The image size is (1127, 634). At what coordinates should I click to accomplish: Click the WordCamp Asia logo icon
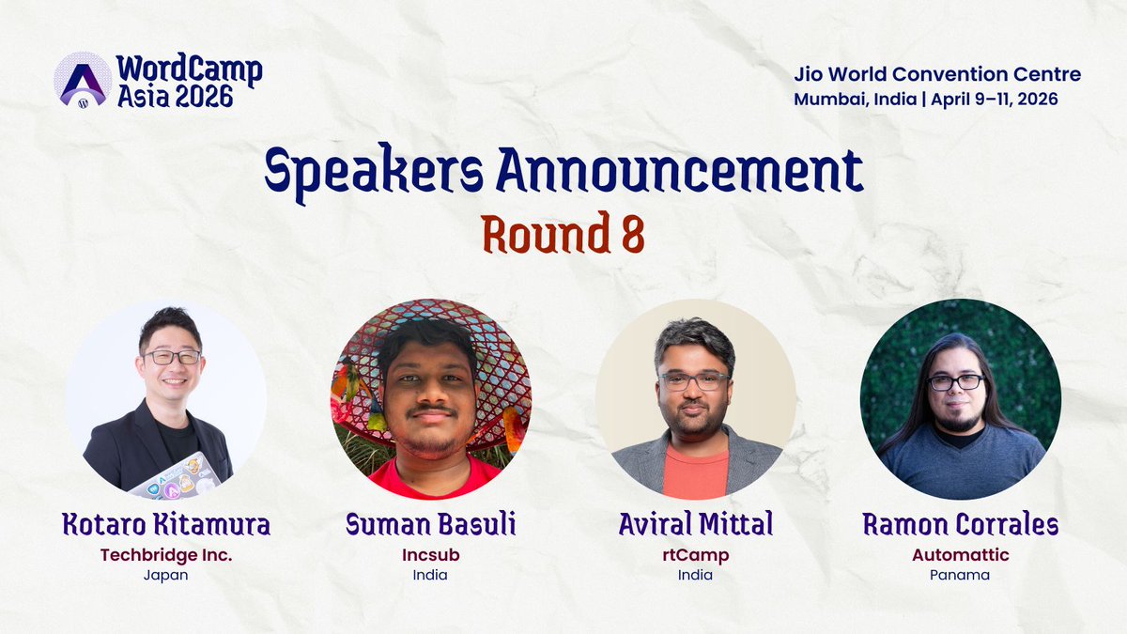point(83,79)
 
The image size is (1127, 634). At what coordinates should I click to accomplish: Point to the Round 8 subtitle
point(563,236)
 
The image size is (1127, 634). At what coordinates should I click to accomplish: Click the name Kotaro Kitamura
point(166,524)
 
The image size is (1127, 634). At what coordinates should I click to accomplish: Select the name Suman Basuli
point(430,524)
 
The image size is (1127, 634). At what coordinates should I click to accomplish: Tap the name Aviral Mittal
point(695,524)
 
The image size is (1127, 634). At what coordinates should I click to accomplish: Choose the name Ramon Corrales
point(961,524)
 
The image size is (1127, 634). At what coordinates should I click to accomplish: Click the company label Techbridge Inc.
point(166,554)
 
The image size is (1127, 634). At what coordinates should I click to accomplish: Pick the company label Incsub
point(430,554)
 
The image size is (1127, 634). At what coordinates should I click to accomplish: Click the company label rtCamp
point(695,554)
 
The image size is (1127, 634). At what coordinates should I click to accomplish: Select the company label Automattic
point(961,554)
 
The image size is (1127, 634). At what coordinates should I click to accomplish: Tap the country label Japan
point(166,575)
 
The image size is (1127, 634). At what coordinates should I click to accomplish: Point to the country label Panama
point(961,575)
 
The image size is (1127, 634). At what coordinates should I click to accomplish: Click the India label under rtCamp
point(695,575)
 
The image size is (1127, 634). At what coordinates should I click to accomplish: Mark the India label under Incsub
point(430,575)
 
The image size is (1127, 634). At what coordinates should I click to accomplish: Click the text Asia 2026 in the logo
point(175,95)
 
